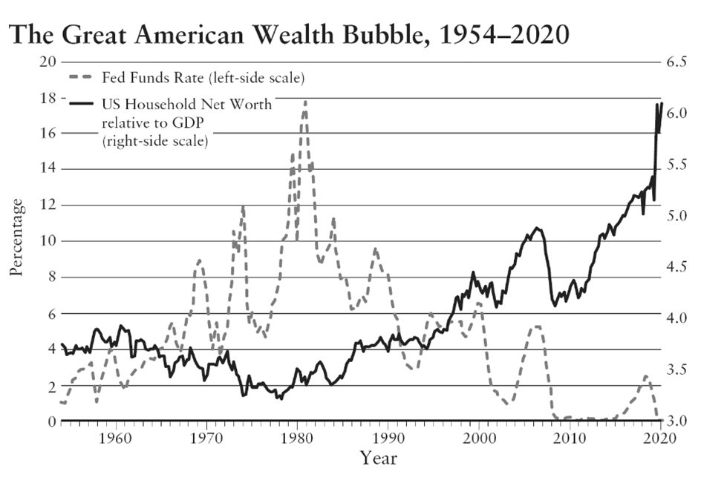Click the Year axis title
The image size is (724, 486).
point(379,458)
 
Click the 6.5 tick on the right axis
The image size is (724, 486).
point(679,62)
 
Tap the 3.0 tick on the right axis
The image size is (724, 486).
point(679,421)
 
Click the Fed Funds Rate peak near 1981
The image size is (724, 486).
point(304,101)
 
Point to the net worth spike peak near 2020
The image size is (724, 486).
point(657,105)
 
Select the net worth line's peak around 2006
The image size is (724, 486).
point(537,228)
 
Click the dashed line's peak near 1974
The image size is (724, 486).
point(243,207)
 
